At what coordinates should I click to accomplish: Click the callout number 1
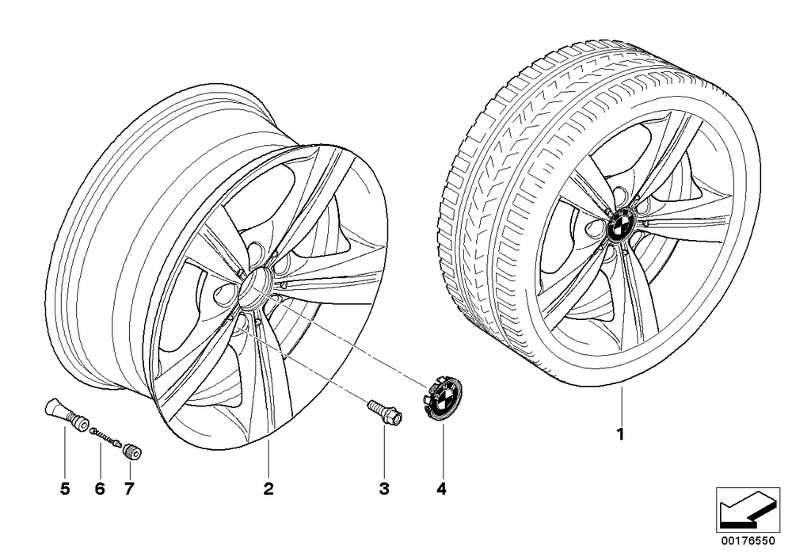click(x=621, y=434)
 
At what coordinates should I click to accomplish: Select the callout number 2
click(x=268, y=488)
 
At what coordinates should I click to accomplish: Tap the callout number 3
click(x=384, y=488)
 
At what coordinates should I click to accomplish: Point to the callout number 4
click(x=442, y=488)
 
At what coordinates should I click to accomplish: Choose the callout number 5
click(x=65, y=488)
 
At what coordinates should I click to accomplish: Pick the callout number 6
click(x=100, y=488)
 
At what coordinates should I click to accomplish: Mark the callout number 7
click(x=129, y=488)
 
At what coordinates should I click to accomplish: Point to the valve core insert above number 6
click(x=105, y=436)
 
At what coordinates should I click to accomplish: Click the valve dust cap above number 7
click(x=131, y=451)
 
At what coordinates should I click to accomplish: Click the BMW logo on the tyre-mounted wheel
click(x=621, y=225)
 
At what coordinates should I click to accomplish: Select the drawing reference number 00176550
click(x=748, y=540)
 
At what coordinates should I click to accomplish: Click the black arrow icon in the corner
click(x=748, y=511)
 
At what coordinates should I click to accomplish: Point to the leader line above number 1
click(x=622, y=404)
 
